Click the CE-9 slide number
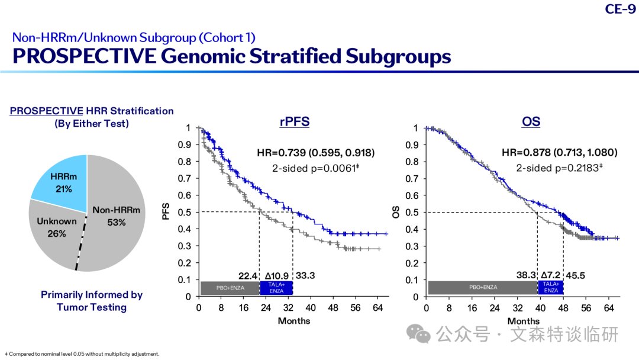[620, 8]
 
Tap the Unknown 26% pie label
[57, 227]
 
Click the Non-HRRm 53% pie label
[116, 216]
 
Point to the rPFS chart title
[294, 121]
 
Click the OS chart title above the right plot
[531, 121]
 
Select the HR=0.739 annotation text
[316, 153]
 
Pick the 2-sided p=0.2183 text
[559, 168]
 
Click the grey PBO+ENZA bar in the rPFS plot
[230, 288]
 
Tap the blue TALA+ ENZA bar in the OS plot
[551, 287]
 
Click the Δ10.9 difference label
[277, 276]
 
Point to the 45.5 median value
[576, 275]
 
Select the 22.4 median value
[248, 276]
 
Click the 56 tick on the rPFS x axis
[356, 308]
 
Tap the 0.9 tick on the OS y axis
[412, 144]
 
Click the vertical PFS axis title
[166, 211]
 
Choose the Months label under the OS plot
[523, 322]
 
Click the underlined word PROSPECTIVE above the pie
[47, 111]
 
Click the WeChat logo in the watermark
[418, 333]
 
